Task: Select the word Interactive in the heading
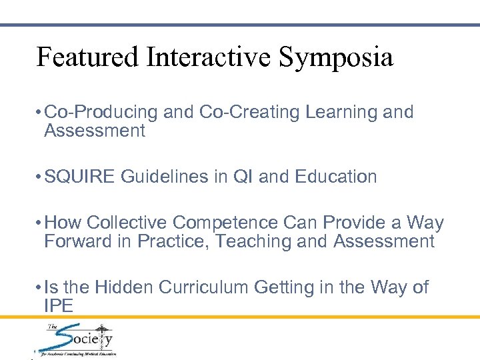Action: pyautogui.click(x=206, y=57)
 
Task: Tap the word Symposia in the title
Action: pyautogui.click(x=336, y=59)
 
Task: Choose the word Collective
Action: pyautogui.click(x=127, y=223)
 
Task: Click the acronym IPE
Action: pyautogui.click(x=58, y=306)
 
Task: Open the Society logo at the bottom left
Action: pyautogui.click(x=75, y=340)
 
